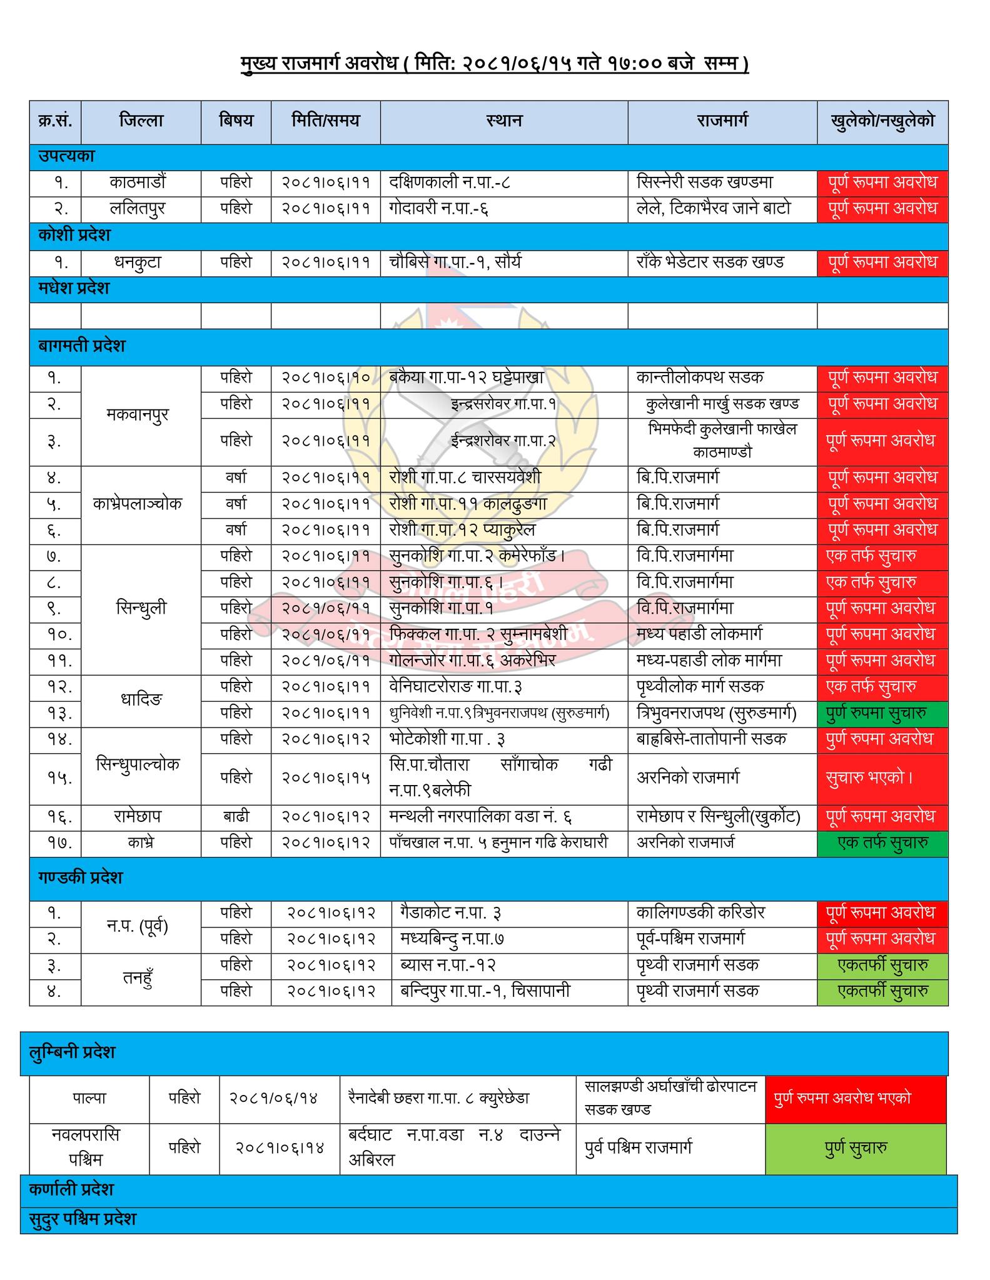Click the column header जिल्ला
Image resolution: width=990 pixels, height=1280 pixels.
pyautogui.click(x=141, y=121)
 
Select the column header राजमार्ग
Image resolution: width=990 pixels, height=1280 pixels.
pyautogui.click(x=722, y=121)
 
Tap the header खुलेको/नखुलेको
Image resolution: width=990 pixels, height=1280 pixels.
pyautogui.click(x=882, y=121)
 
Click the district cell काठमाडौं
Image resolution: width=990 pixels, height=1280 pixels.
pyautogui.click(x=138, y=182)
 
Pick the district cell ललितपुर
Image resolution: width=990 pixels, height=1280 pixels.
pyautogui.click(x=138, y=208)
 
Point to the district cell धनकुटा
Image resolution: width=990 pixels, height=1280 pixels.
pyautogui.click(x=138, y=262)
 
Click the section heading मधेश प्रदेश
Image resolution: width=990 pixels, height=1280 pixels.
pyautogui.click(x=74, y=289)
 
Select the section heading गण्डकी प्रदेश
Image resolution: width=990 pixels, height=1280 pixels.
pyautogui.click(x=80, y=877)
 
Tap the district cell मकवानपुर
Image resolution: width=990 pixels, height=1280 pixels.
pyautogui.click(x=138, y=415)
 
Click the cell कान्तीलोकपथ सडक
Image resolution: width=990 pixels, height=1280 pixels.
pyautogui.click(x=700, y=377)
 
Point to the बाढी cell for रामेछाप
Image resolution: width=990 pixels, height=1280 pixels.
pyautogui.click(x=236, y=817)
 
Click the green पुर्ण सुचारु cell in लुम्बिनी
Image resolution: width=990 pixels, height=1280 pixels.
pyautogui.click(x=856, y=1147)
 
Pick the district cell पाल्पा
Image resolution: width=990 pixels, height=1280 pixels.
pyautogui.click(x=89, y=1097)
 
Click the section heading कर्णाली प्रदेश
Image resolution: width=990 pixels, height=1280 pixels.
pyautogui.click(x=71, y=1189)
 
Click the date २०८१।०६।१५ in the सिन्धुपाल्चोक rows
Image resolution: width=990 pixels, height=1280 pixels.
pyautogui.click(x=325, y=778)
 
